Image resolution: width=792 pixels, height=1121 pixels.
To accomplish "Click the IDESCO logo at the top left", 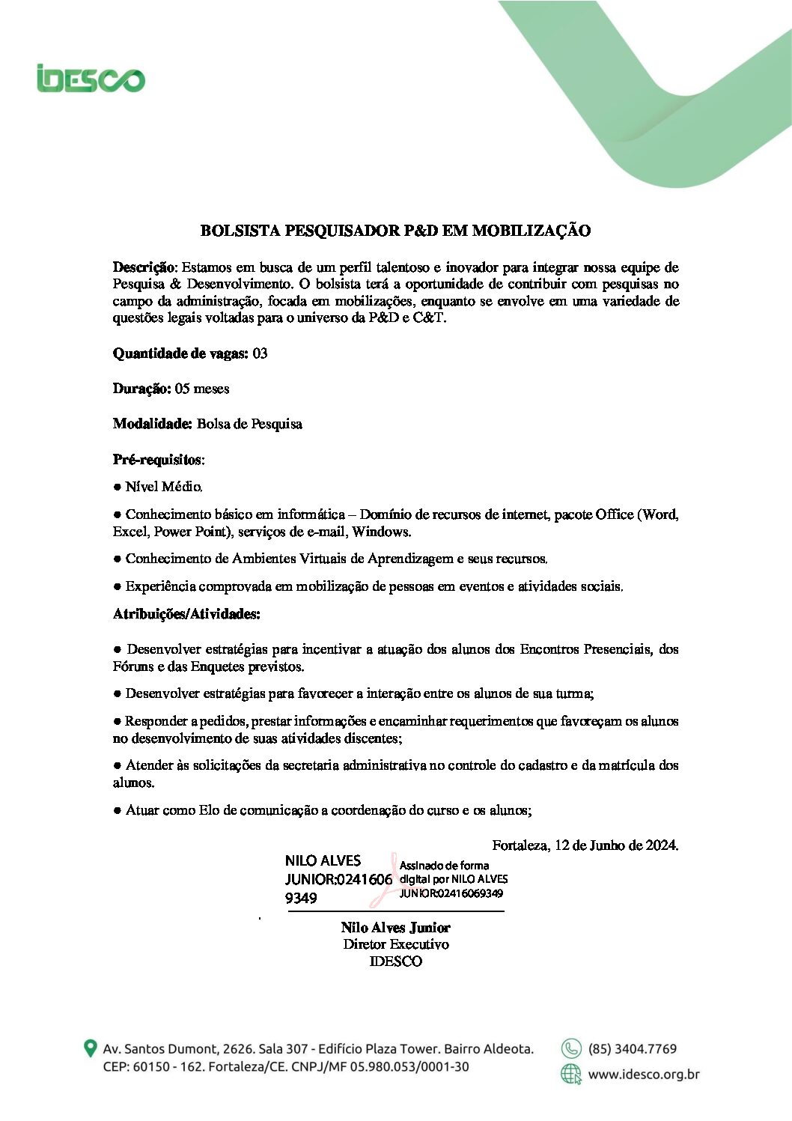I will click(91, 79).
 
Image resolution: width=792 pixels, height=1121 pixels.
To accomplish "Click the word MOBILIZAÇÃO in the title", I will click(531, 231).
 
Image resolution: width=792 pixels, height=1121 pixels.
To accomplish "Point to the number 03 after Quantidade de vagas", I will click(260, 353).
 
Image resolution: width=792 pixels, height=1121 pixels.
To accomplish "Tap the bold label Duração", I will click(141, 389).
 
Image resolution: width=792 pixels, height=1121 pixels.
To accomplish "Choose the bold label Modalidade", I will click(152, 424).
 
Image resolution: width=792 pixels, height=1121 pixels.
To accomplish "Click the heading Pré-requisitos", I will click(157, 459).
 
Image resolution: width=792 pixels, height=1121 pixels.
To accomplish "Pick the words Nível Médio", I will click(163, 487).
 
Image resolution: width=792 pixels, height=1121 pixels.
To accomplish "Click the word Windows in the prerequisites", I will click(381, 532).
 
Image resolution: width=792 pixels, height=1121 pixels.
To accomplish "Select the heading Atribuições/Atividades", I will click(186, 614).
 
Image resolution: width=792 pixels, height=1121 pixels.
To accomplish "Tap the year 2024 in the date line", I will click(661, 845).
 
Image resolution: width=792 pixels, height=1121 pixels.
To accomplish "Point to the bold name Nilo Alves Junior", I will click(395, 928).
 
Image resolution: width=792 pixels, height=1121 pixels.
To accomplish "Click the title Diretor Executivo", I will click(395, 944).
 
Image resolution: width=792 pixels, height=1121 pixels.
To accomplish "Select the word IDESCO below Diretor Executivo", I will click(395, 961).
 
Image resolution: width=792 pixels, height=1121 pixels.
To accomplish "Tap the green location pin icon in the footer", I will click(90, 1048).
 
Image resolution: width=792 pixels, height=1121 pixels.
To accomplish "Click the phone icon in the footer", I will click(571, 1048).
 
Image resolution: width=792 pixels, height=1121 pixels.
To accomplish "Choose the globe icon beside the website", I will click(571, 1075).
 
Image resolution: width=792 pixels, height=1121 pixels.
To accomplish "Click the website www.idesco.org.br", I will click(643, 1075).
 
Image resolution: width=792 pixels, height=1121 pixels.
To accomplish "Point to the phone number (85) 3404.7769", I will click(632, 1048).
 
